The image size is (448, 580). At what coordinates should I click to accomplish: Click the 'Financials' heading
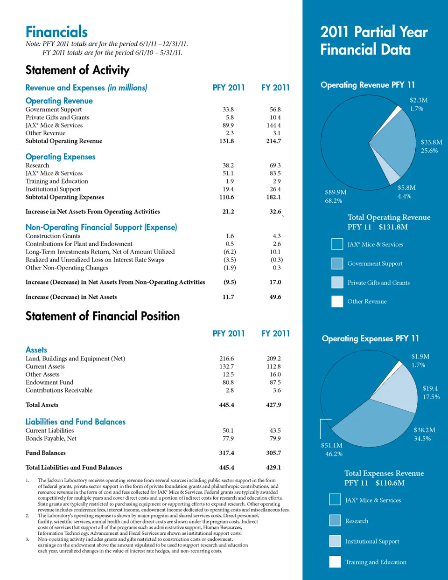(56, 32)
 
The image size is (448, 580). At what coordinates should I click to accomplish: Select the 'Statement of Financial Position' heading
(102, 316)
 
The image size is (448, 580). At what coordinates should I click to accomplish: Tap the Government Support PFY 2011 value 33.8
(228, 110)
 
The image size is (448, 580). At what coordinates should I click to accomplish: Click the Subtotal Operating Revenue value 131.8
(226, 141)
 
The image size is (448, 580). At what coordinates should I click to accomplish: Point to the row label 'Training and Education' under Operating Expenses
(56, 181)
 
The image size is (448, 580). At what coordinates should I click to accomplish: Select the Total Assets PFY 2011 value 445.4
(226, 405)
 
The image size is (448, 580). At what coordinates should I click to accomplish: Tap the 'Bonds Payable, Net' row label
(51, 439)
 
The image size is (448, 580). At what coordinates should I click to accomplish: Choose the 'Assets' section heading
(36, 350)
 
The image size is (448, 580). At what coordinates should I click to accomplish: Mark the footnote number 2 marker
(28, 516)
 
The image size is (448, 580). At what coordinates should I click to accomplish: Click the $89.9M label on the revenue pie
(336, 192)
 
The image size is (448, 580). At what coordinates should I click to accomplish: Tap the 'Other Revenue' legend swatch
(337, 302)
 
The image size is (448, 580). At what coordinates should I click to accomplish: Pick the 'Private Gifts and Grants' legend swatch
(337, 283)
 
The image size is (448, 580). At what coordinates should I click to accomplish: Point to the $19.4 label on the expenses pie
(430, 388)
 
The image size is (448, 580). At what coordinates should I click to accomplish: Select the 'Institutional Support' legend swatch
(335, 541)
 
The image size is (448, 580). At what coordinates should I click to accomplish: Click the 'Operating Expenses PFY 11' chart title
(370, 338)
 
